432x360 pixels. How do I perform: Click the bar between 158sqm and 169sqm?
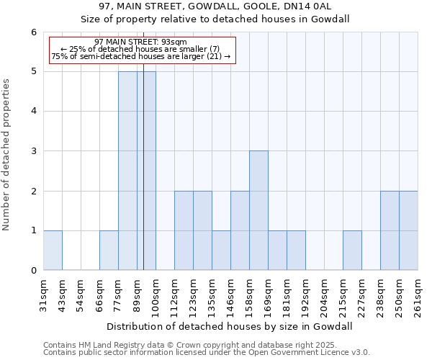click(x=258, y=210)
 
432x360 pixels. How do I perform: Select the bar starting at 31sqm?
click(x=53, y=250)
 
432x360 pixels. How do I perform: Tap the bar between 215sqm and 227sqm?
click(x=352, y=250)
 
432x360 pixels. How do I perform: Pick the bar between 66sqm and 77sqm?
click(x=109, y=250)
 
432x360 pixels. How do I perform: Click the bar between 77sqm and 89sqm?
click(x=127, y=171)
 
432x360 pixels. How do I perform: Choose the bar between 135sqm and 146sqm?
click(x=221, y=250)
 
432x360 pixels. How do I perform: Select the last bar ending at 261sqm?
click(x=408, y=230)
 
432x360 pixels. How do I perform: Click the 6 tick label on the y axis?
click(x=33, y=32)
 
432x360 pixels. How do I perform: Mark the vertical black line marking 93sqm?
click(x=143, y=180)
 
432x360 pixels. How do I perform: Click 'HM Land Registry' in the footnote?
click(x=104, y=345)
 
